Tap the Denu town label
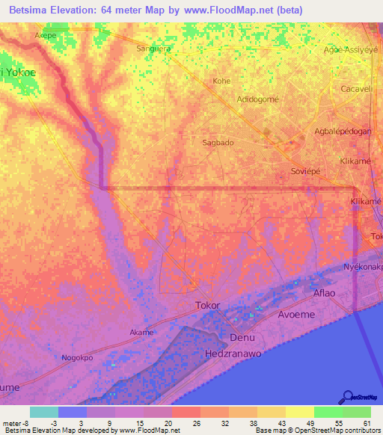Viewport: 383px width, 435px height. pyautogui.click(x=242, y=337)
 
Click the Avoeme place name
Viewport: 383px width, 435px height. pyautogui.click(x=296, y=315)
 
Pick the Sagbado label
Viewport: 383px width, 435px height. pyautogui.click(x=218, y=142)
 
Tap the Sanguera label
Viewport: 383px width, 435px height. pyautogui.click(x=153, y=49)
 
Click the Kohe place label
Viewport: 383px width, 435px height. pyautogui.click(x=222, y=81)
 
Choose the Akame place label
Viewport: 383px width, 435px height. pyautogui.click(x=141, y=332)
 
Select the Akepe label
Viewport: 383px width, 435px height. pyautogui.click(x=46, y=35)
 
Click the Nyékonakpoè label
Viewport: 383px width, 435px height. pyautogui.click(x=362, y=266)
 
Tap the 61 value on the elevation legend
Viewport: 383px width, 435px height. pyautogui.click(x=367, y=424)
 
